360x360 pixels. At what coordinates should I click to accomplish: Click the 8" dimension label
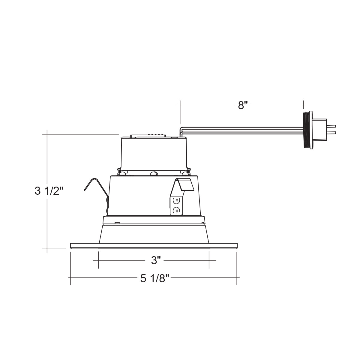[x=242, y=105]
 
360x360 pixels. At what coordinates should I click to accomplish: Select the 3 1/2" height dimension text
[x=49, y=191]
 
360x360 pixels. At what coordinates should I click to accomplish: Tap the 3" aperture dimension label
[x=156, y=260]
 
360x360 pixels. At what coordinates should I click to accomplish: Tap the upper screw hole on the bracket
[x=176, y=200]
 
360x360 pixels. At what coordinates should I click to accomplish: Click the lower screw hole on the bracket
[x=176, y=211]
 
